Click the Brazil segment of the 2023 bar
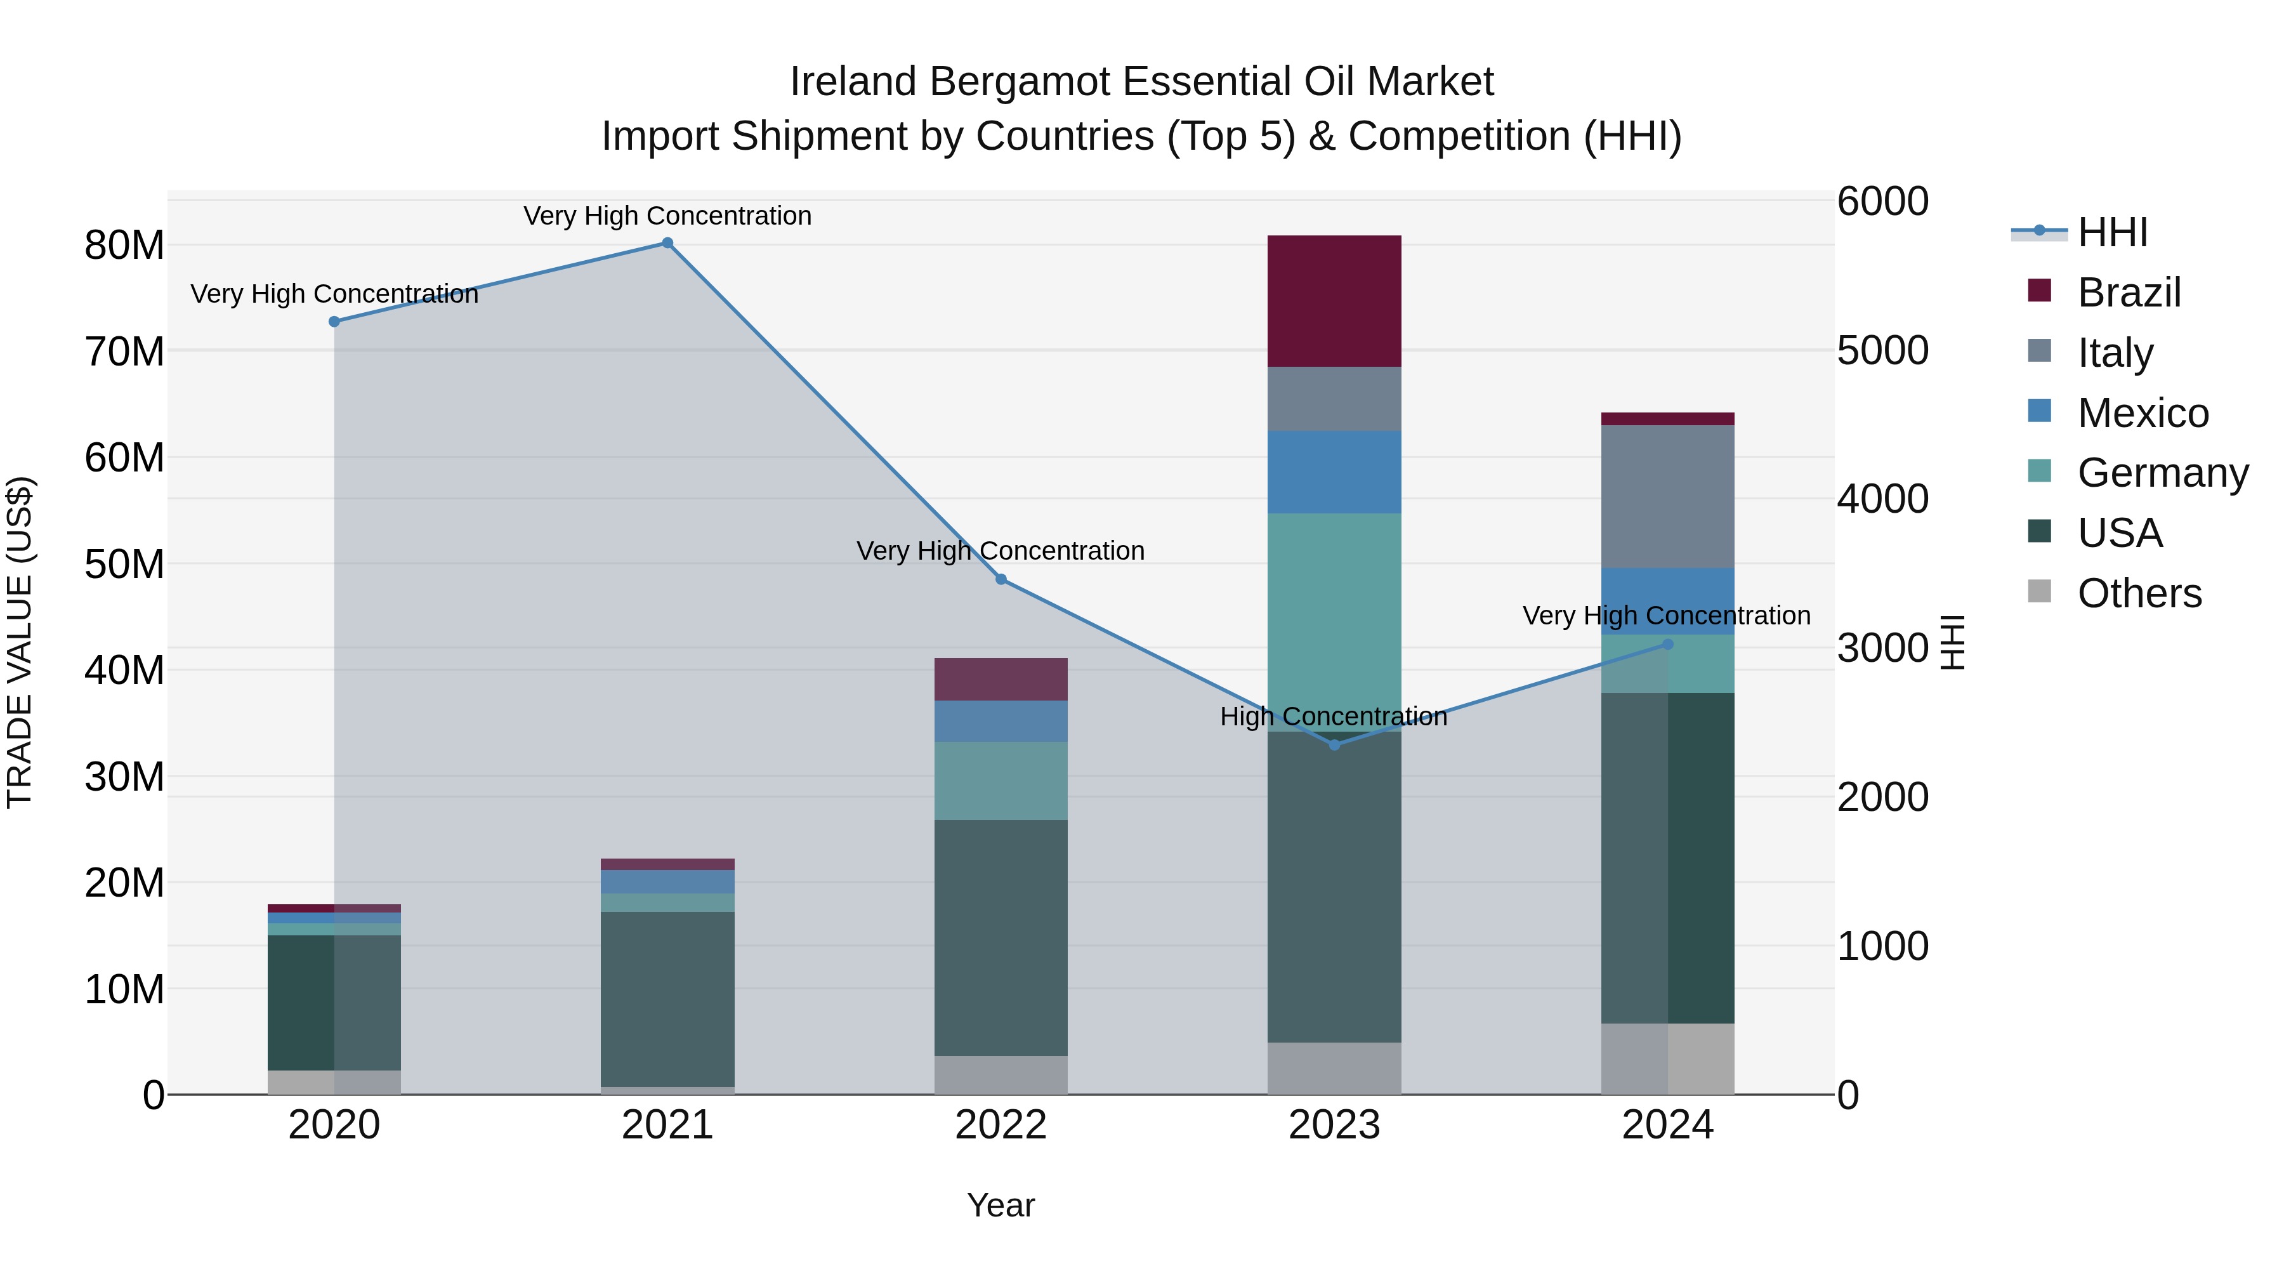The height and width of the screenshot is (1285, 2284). [1334, 301]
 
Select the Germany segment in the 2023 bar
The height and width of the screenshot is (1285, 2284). [1334, 621]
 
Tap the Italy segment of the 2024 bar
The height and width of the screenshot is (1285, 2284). [1667, 497]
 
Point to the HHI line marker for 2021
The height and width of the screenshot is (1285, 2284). [667, 243]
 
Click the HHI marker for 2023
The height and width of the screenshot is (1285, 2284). [1334, 745]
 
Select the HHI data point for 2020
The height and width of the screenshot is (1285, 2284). [334, 321]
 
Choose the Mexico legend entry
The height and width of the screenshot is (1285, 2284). [2141, 412]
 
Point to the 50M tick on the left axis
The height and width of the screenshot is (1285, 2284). [124, 564]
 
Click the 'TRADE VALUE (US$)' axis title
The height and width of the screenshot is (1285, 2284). [20, 642]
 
